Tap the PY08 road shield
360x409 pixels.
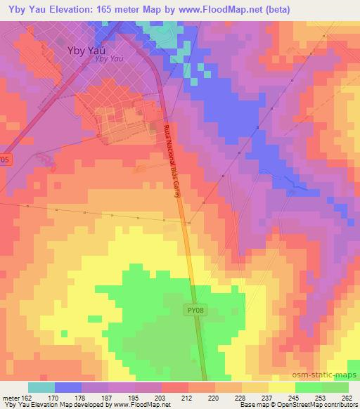197,309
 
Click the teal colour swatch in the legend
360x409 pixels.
41,387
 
